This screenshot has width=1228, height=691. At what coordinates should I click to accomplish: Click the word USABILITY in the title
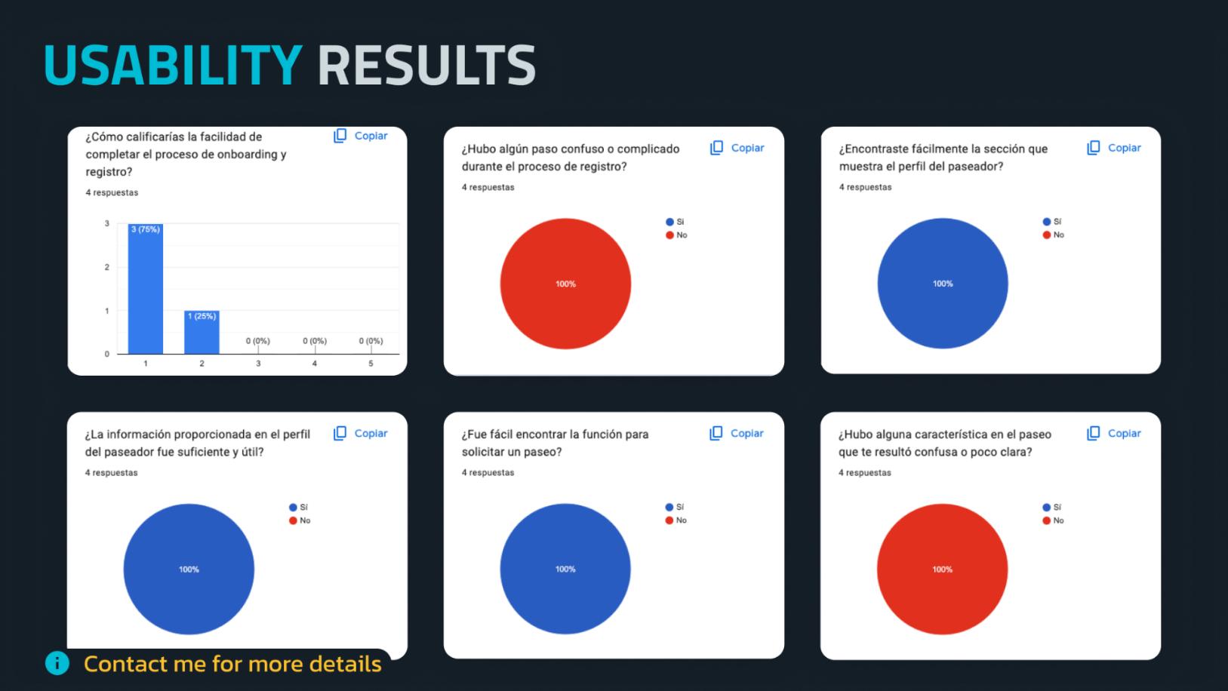click(x=173, y=65)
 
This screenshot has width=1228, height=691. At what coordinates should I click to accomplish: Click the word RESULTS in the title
click(x=426, y=65)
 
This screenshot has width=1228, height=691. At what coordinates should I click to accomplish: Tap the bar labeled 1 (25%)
click(x=202, y=333)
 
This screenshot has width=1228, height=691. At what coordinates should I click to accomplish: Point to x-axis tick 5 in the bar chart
click(x=371, y=364)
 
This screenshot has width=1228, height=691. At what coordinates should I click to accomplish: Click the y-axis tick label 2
click(x=107, y=267)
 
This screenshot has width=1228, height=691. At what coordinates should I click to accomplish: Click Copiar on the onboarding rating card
click(x=362, y=136)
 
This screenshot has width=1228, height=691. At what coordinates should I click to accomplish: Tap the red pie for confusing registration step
click(x=565, y=284)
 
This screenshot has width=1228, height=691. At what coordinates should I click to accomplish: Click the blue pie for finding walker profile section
click(x=942, y=284)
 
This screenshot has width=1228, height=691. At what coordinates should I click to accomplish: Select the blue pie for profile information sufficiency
click(x=189, y=569)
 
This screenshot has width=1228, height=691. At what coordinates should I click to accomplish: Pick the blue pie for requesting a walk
click(x=565, y=569)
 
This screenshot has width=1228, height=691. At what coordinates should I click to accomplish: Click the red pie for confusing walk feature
click(x=942, y=569)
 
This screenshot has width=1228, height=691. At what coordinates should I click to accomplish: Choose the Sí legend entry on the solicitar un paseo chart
click(x=676, y=507)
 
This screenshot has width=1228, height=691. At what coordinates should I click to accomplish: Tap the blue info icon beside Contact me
click(x=57, y=663)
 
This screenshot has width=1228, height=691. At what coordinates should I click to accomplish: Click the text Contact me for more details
click(x=232, y=664)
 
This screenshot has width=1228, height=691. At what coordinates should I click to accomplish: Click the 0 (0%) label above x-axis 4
click(x=315, y=341)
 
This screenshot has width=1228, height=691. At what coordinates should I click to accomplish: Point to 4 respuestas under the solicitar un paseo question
click(x=488, y=473)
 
